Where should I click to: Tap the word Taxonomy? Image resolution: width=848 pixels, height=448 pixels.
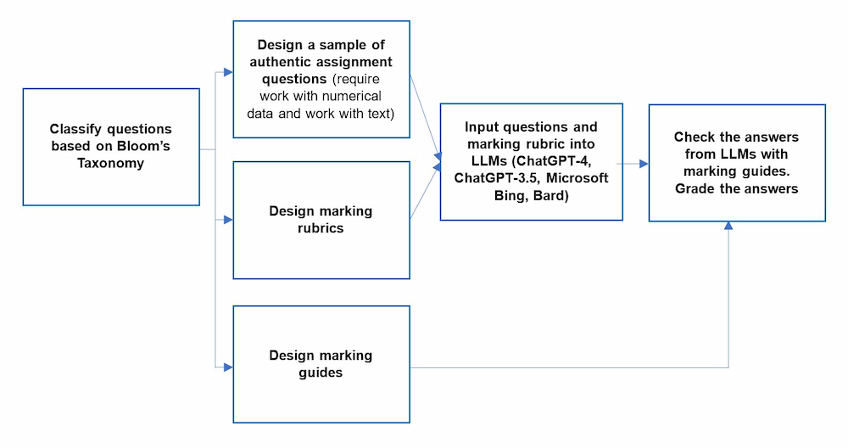pos(111,163)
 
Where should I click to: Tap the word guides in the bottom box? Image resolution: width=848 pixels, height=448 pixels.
pos(321,372)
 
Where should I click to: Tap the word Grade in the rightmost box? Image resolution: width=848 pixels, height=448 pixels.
pos(695,188)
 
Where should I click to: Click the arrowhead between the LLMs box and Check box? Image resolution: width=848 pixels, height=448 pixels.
pos(644,163)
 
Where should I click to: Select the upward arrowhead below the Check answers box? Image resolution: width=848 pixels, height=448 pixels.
pos(728,227)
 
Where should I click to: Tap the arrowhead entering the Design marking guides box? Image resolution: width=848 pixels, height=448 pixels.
pos(228,367)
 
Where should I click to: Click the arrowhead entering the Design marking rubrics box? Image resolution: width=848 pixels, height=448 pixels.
pos(228,220)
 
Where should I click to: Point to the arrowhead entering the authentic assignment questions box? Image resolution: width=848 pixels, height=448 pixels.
pos(228,72)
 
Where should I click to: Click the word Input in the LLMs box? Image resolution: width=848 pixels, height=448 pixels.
pos(483,127)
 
